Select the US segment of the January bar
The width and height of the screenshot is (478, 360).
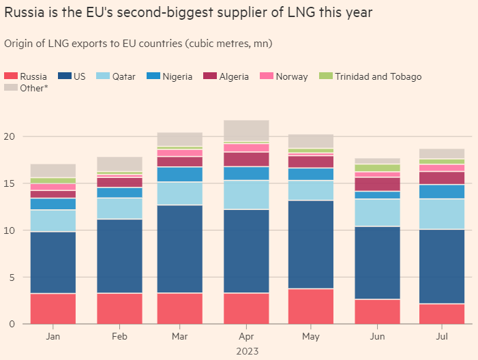[53, 262]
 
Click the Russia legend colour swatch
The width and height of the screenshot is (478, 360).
[11, 76]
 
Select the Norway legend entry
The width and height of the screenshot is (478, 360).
[292, 76]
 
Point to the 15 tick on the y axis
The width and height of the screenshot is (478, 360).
[10, 183]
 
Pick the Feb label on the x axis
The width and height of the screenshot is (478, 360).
[119, 337]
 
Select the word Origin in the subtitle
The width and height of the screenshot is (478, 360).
[19, 44]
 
